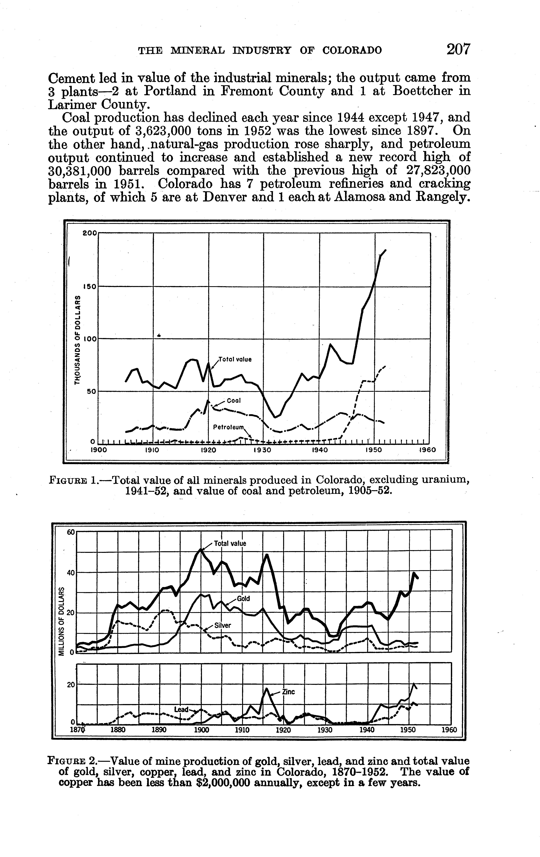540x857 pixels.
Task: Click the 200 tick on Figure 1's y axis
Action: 89,233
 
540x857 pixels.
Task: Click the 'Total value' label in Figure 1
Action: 235,359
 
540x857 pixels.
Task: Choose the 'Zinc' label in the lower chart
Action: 289,692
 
